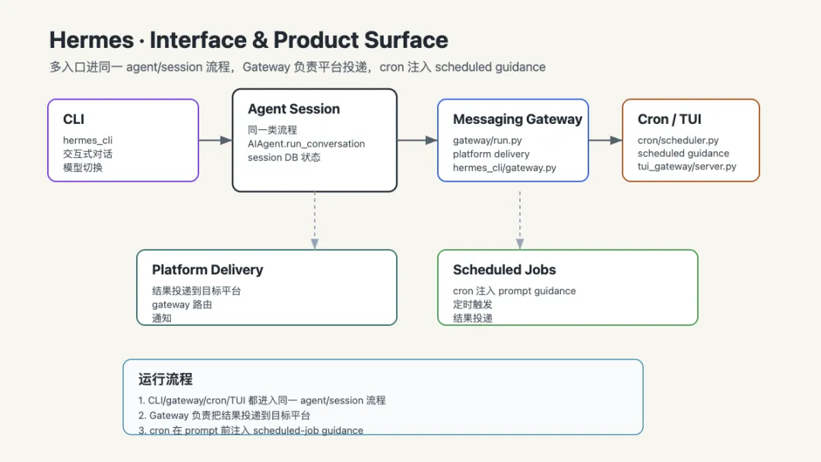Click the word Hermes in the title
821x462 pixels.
tap(92, 40)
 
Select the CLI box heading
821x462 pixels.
tap(74, 119)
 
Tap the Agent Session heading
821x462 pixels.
tap(293, 109)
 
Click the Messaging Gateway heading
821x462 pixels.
tap(518, 119)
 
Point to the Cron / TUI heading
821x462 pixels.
tap(669, 119)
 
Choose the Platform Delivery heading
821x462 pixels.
tap(208, 270)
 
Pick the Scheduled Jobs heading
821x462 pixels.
tap(504, 270)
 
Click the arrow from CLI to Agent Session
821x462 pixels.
tap(215, 141)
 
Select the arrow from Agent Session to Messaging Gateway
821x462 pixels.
tap(417, 141)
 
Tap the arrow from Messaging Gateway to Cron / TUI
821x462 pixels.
tap(605, 141)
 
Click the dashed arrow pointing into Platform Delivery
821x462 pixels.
tap(315, 220)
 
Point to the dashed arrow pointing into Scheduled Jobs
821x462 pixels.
tap(520, 220)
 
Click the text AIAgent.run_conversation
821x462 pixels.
tap(306, 144)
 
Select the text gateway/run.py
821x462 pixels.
tap(487, 141)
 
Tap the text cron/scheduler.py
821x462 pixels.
tap(678, 141)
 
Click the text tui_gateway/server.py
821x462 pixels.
tap(687, 166)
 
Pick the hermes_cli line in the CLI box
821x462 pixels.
tap(87, 141)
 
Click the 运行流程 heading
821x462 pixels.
tap(166, 379)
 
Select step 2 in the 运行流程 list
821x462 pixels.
tap(224, 416)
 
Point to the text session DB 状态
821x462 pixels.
tap(284, 157)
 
